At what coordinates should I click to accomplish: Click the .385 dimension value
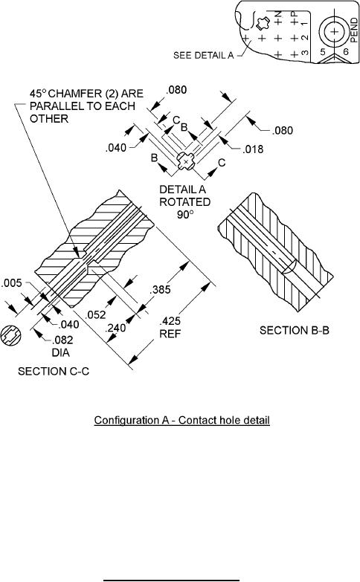pyautogui.click(x=160, y=290)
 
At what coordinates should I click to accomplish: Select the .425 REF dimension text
pyautogui.click(x=170, y=327)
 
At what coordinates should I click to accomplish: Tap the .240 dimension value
pyautogui.click(x=115, y=328)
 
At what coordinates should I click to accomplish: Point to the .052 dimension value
pyautogui.click(x=95, y=314)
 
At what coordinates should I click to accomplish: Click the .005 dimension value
pyautogui.click(x=11, y=283)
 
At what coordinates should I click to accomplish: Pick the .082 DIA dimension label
pyautogui.click(x=62, y=346)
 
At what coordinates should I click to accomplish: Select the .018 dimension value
pyautogui.click(x=253, y=149)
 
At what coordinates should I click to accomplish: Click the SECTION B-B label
pyautogui.click(x=295, y=330)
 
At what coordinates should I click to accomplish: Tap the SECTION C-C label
pyautogui.click(x=54, y=371)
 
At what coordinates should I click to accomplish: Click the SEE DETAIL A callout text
pyautogui.click(x=204, y=55)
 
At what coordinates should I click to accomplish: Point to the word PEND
pyautogui.click(x=354, y=30)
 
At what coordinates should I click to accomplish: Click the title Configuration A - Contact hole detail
pyautogui.click(x=181, y=420)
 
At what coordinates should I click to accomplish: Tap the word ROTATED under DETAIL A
pyautogui.click(x=184, y=202)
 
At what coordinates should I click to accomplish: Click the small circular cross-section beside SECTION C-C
pyautogui.click(x=10, y=335)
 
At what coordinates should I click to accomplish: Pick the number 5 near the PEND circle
pyautogui.click(x=323, y=51)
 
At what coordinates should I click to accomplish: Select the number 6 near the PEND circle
pyautogui.click(x=346, y=51)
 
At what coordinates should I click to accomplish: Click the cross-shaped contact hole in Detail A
pyautogui.click(x=185, y=161)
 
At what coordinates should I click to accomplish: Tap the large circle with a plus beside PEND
pyautogui.click(x=335, y=31)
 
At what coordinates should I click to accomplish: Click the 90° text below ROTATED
pyautogui.click(x=185, y=215)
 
